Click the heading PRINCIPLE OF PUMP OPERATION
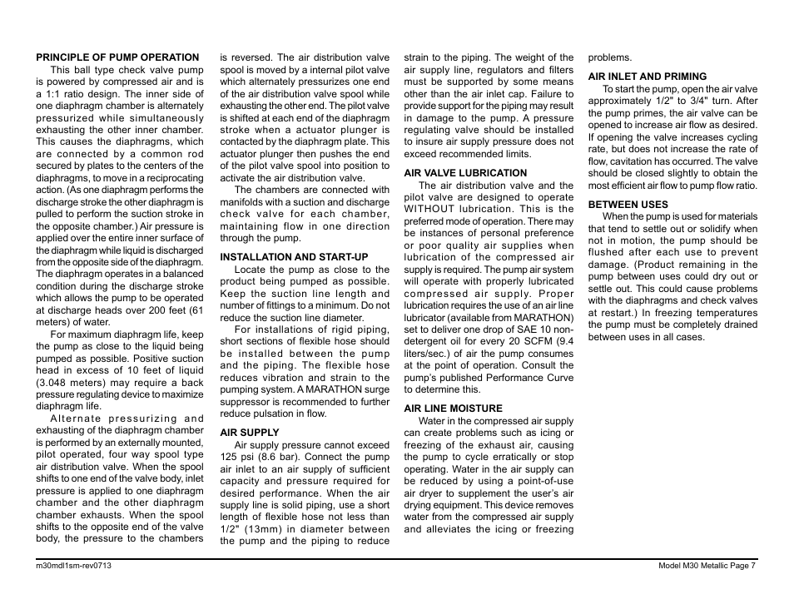point(117,57)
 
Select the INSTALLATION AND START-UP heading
point(293,257)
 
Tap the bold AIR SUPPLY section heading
point(250,433)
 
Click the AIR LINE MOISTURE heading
point(454,409)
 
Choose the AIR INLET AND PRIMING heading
point(648,77)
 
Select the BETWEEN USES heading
point(628,205)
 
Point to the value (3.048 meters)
point(72,383)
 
